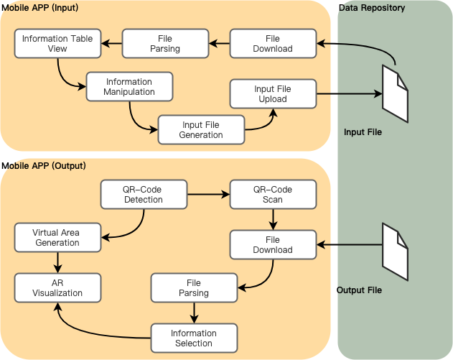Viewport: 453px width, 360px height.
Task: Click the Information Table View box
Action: [57, 44]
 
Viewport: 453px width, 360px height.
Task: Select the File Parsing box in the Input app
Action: [165, 44]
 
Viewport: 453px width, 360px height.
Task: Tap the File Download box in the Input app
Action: [273, 44]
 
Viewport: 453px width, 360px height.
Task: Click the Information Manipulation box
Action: [129, 86]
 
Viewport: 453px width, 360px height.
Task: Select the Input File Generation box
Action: [201, 129]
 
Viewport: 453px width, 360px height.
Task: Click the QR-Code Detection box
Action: [144, 194]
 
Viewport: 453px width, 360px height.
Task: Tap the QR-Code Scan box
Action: [273, 194]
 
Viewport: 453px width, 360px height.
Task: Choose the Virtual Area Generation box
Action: [57, 238]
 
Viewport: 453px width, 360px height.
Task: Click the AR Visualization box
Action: [57, 287]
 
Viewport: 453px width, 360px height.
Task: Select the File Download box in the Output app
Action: [273, 244]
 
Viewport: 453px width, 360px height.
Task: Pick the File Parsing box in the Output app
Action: [194, 287]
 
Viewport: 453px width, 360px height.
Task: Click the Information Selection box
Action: [194, 338]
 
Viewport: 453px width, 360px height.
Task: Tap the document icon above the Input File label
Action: [395, 93]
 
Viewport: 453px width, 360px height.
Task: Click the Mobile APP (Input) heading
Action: [39, 7]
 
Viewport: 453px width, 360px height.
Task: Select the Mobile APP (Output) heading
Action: [43, 165]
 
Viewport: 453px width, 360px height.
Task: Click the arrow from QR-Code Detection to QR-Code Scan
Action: [208, 194]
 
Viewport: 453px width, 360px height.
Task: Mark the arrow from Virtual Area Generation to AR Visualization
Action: [57, 262]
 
